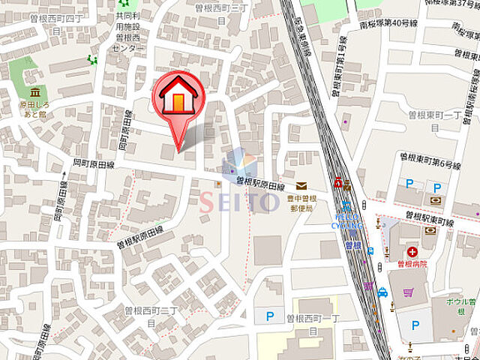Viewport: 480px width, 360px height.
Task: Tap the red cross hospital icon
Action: click(x=412, y=252)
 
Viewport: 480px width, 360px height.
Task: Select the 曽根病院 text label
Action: click(x=412, y=264)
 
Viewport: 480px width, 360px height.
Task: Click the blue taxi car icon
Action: click(x=382, y=292)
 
